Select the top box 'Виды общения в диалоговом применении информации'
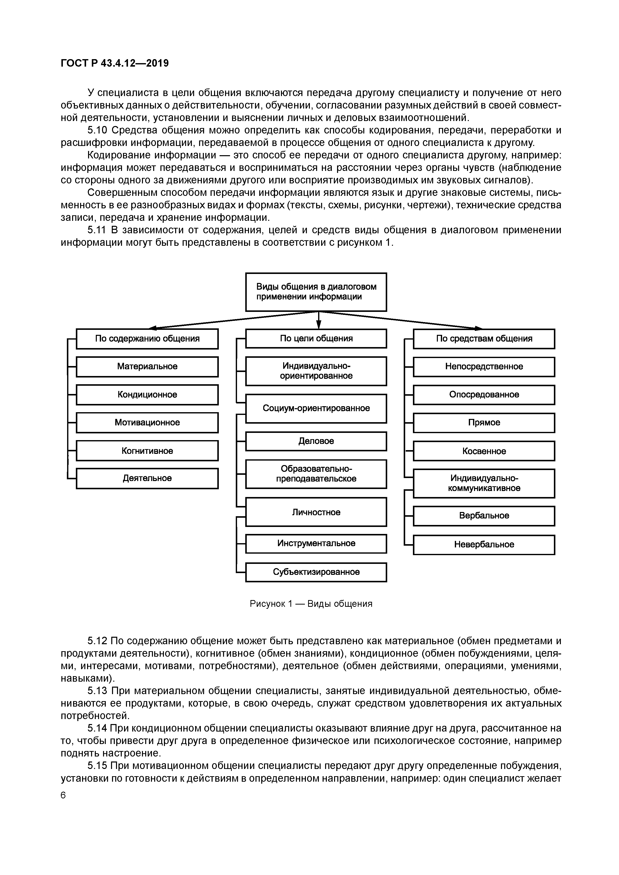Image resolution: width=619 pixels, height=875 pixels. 316,292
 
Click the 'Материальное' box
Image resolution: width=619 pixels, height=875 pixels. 147,367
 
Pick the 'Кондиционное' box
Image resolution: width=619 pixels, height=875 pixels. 147,395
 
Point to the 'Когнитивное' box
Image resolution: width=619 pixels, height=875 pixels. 147,451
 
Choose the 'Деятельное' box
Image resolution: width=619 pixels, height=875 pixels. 147,479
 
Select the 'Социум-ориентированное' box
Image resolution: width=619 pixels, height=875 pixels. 316,408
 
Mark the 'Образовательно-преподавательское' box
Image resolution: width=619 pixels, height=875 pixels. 316,474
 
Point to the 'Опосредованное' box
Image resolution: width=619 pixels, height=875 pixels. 484,395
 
